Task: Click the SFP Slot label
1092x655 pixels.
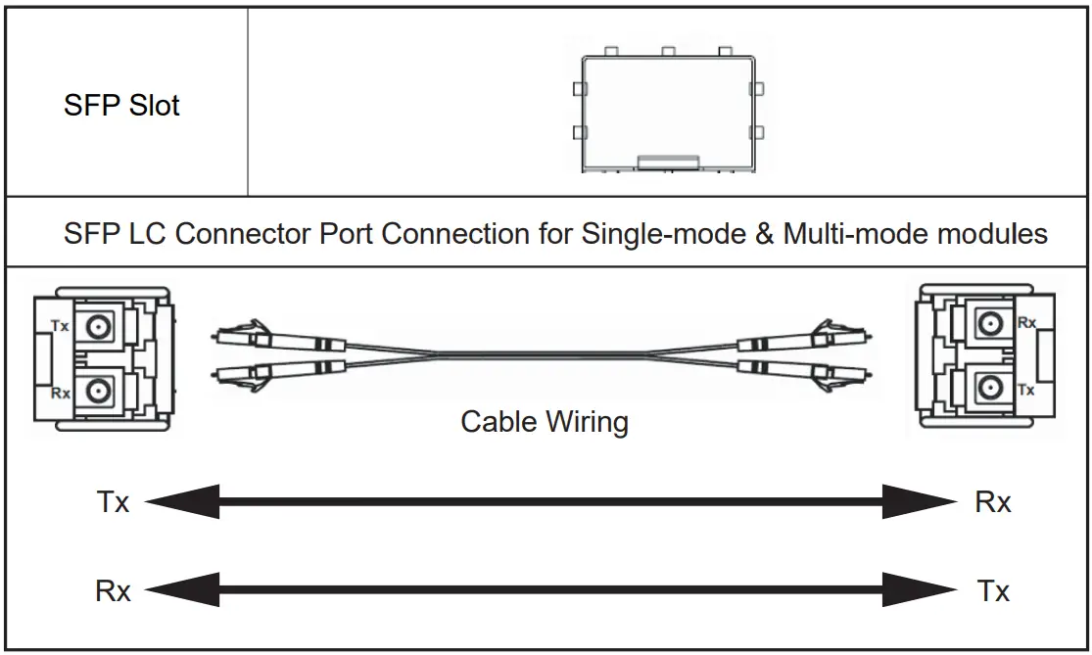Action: click(121, 105)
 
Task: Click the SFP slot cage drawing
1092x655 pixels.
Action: click(666, 110)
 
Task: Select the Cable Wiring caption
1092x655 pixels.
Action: click(545, 422)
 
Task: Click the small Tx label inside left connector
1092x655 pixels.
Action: click(60, 326)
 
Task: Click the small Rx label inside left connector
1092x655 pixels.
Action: click(60, 393)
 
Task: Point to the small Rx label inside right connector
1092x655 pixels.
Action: click(1026, 322)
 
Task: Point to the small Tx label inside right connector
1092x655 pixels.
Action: click(1026, 390)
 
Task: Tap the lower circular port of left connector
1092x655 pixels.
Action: click(95, 392)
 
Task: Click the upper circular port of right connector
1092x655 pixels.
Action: click(991, 322)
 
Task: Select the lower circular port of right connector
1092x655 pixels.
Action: click(991, 389)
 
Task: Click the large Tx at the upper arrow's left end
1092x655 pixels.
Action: click(113, 503)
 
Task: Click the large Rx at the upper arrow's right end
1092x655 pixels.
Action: click(993, 503)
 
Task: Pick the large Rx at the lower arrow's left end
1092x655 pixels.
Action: click(113, 591)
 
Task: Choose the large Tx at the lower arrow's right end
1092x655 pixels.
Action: click(993, 591)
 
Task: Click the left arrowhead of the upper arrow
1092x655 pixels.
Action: click(181, 503)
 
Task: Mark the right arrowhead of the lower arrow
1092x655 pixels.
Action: click(921, 591)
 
